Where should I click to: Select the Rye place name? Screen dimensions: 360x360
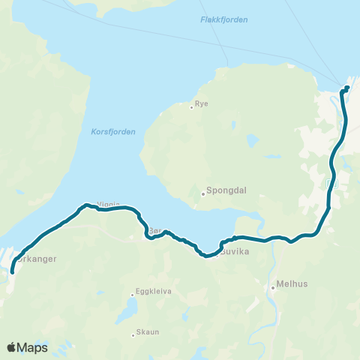coord(201,104)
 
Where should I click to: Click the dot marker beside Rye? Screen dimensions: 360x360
coord(192,107)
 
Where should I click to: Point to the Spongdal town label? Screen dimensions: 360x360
coord(223,191)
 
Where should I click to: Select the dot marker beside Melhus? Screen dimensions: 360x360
coord(274,286)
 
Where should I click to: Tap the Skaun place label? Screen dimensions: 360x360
coord(147,334)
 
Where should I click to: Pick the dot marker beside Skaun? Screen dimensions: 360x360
coord(133,334)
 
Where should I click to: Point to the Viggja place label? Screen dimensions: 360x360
coord(109,203)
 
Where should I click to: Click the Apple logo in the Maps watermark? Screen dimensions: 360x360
coord(12,347)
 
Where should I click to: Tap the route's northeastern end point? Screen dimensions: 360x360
coord(347,88)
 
